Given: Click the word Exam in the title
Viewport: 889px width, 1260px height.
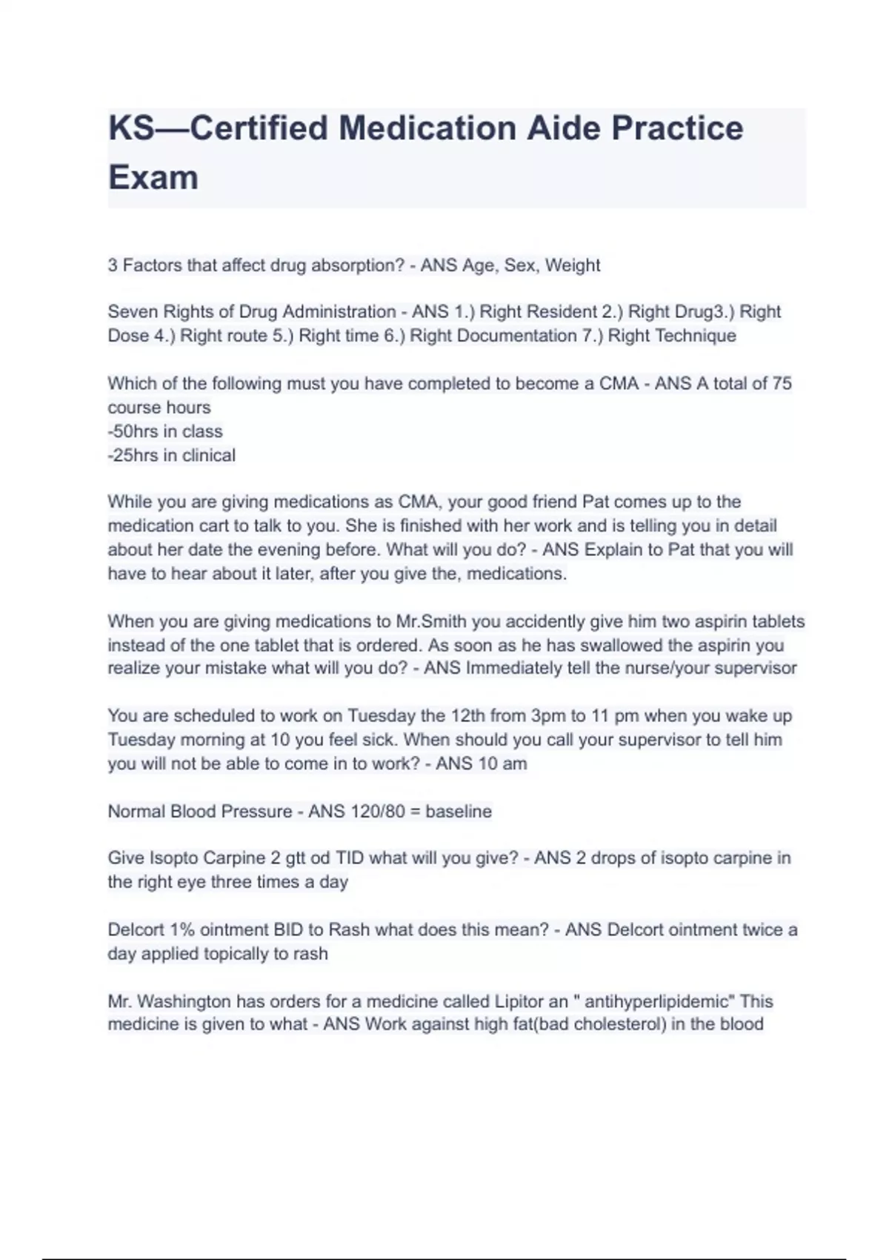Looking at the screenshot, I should point(153,178).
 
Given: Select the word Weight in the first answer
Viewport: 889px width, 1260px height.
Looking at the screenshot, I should point(573,265).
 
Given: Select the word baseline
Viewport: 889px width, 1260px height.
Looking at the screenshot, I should point(459,812).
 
